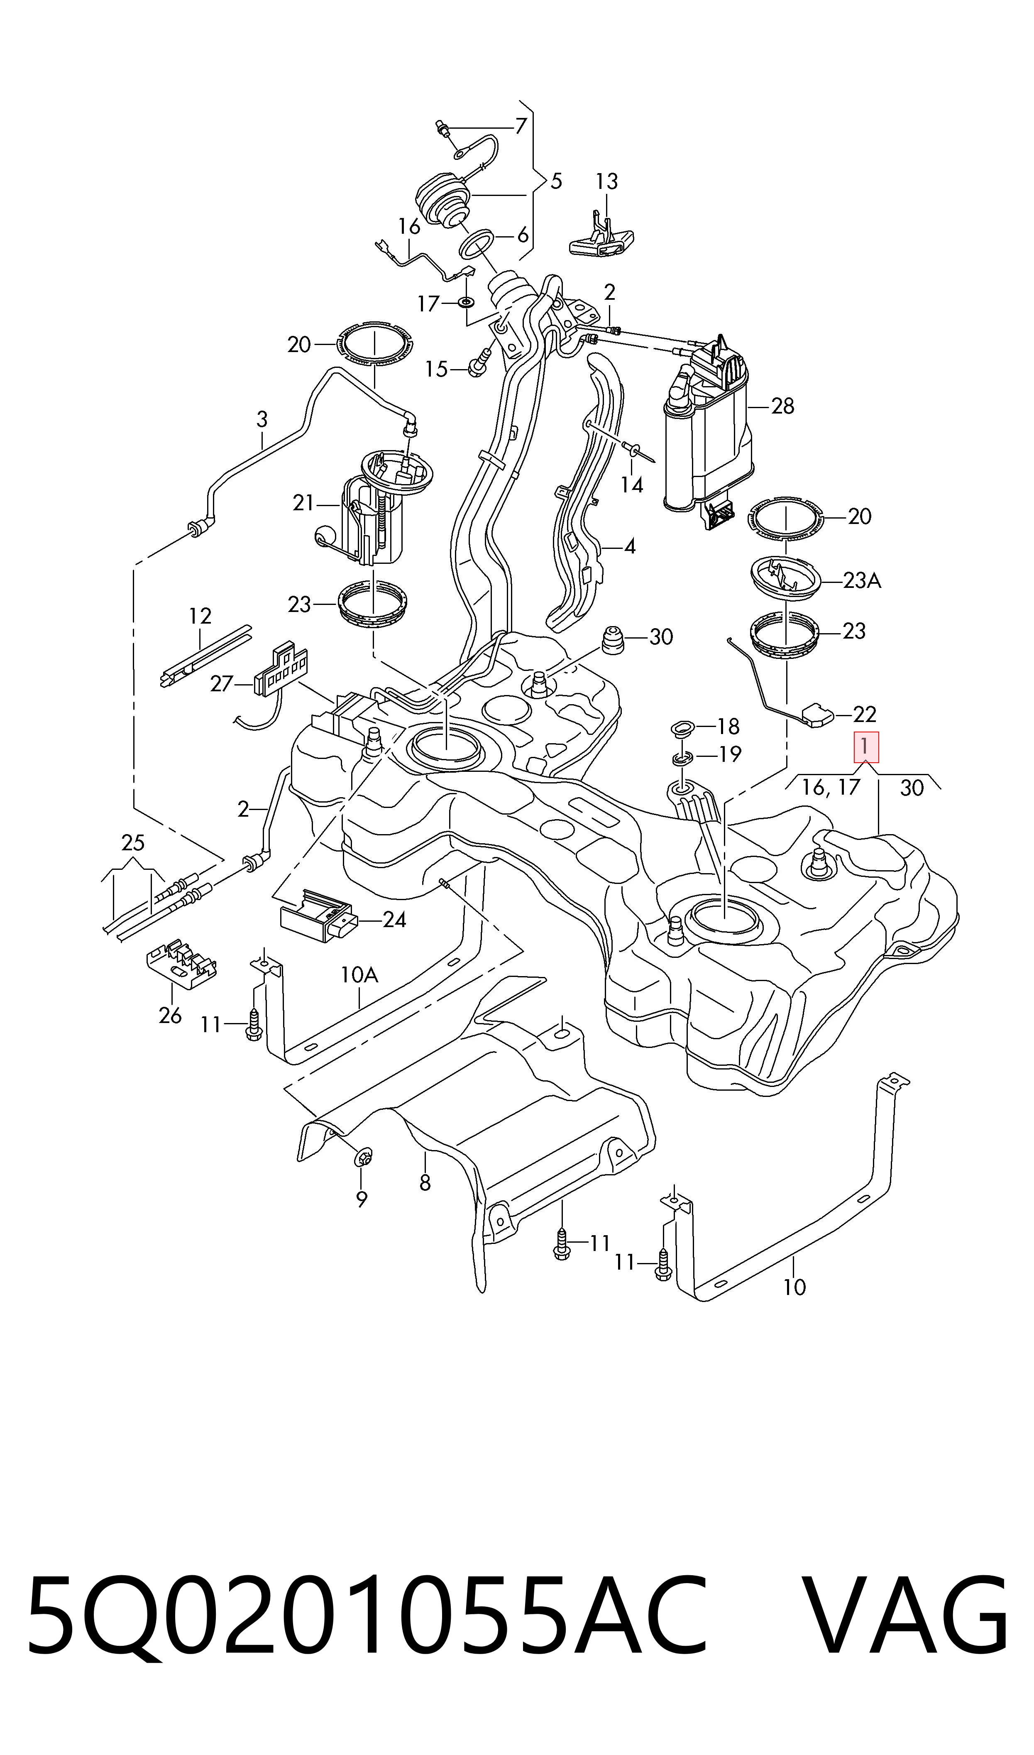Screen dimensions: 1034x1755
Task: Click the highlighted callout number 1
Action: point(866,747)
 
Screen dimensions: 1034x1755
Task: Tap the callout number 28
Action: point(782,406)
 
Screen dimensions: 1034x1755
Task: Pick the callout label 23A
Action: point(862,580)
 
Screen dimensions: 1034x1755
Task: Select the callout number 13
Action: point(606,182)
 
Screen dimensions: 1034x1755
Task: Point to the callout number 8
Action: point(425,1182)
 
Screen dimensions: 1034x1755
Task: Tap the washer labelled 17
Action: point(465,302)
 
